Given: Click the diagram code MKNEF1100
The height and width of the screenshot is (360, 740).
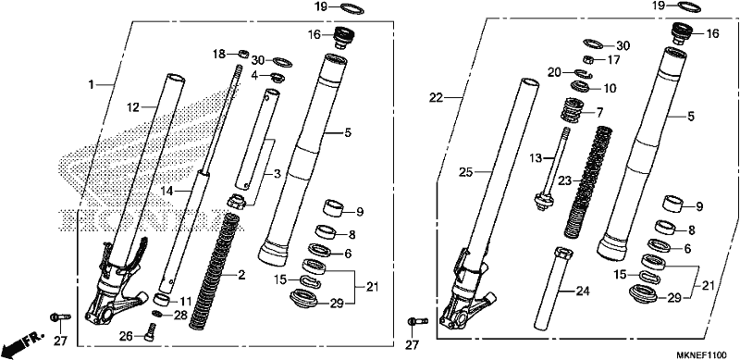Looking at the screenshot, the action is [x=707, y=354].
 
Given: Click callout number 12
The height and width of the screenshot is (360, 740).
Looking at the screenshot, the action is [x=133, y=107].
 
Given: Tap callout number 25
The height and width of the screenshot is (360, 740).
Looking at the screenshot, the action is [x=466, y=173].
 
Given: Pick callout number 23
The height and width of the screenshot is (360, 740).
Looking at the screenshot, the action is [x=565, y=180].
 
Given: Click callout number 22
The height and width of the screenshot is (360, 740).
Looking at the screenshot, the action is [x=436, y=98].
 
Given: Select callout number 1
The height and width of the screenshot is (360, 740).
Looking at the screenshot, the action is [x=91, y=85].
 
